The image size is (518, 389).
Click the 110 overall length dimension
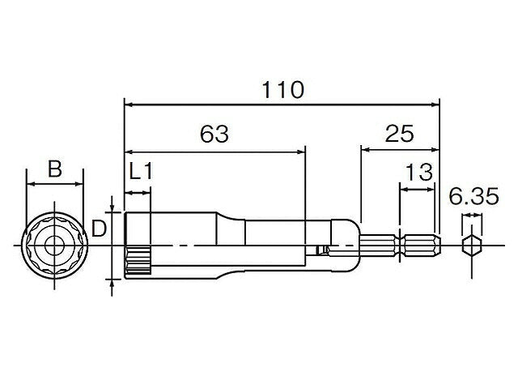282,90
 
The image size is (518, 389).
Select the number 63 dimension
214,134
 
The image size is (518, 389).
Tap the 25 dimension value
399,134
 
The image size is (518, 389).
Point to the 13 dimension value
419,173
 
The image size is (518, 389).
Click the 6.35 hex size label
473,196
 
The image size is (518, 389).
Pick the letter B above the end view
55,169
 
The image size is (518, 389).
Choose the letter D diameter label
99,229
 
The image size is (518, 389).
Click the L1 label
141,172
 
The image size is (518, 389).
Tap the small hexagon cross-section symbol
471,246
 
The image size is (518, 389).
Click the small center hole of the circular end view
54,246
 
